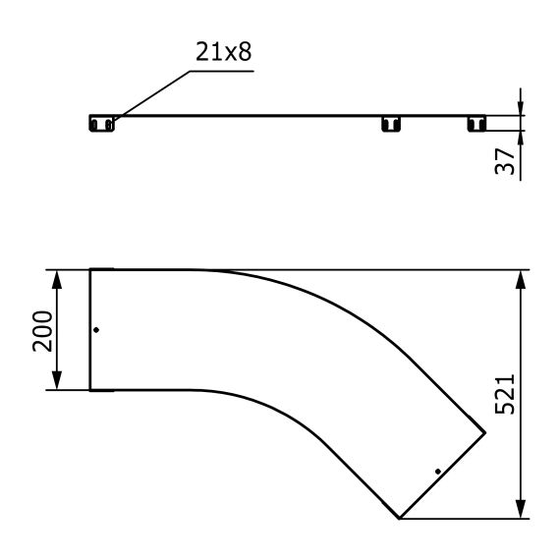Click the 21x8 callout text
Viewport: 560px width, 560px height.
(x=223, y=52)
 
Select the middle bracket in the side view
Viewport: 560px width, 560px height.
(x=392, y=123)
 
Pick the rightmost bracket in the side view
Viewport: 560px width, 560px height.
(x=476, y=123)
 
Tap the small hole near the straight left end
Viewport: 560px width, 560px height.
(x=95, y=330)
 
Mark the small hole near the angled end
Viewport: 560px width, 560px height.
(x=437, y=472)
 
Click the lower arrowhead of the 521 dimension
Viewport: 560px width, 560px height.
(x=520, y=510)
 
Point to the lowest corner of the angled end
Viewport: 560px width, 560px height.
(x=399, y=518)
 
